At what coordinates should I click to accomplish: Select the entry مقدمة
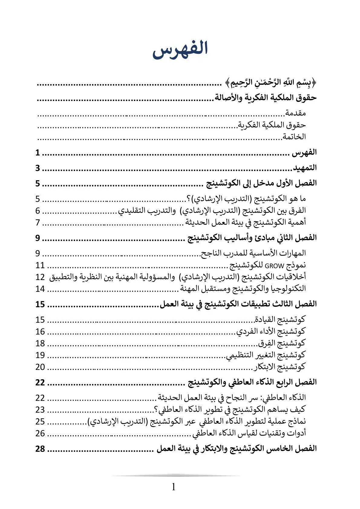tap(295, 113)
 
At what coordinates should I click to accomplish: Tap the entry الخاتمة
tap(294, 136)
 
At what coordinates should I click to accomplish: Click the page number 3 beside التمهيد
tap(38, 168)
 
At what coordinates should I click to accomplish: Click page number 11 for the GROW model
tap(40, 265)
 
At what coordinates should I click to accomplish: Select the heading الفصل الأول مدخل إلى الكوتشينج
tap(261, 183)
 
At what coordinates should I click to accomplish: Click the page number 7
tap(38, 222)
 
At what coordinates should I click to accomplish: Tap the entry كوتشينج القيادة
tap(280, 319)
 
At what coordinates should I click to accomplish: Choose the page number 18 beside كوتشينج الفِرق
tap(40, 343)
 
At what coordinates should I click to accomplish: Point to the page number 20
tap(40, 367)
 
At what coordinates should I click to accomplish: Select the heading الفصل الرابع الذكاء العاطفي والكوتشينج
tap(252, 382)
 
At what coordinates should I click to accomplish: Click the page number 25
tap(40, 421)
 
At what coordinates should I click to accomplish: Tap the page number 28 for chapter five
tap(40, 449)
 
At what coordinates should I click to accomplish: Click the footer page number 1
tap(174, 487)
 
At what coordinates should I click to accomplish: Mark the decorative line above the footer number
tap(175, 475)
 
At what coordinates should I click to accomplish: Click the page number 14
tap(40, 289)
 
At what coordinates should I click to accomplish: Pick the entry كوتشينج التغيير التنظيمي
tap(266, 355)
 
